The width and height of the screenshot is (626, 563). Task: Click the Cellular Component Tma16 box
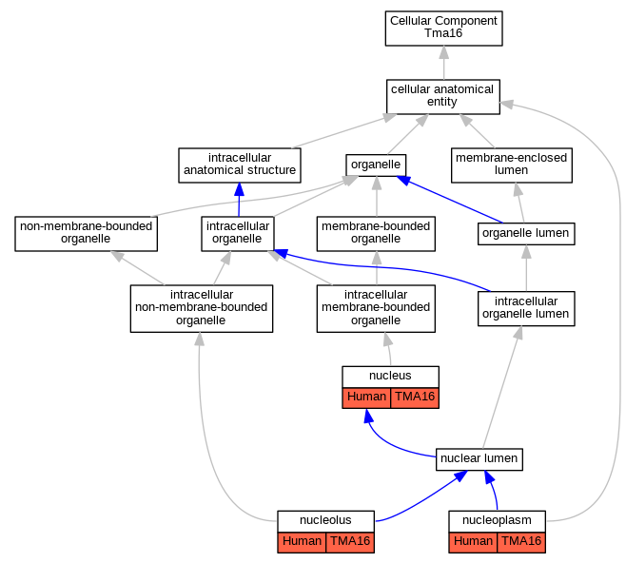[443, 29]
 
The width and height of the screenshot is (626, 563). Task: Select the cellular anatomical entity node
[443, 97]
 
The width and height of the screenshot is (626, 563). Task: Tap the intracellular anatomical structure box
[240, 165]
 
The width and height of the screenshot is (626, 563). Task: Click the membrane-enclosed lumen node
[512, 165]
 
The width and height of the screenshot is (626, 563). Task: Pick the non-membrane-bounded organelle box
[87, 234]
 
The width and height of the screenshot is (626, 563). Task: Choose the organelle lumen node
[526, 234]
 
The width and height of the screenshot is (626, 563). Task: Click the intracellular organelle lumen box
[526, 308]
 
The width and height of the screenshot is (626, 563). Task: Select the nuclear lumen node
[479, 459]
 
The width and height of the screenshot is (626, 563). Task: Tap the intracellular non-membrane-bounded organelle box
[202, 308]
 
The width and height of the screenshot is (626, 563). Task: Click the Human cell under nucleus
[366, 398]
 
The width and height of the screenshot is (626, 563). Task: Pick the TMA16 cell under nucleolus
[350, 542]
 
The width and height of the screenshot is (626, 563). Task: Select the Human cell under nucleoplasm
[473, 542]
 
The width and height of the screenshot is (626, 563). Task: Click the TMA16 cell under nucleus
[415, 398]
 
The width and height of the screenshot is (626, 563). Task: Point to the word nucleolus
[325, 520]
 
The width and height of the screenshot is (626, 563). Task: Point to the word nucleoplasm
[497, 520]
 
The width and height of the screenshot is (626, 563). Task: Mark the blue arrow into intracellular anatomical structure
[239, 200]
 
